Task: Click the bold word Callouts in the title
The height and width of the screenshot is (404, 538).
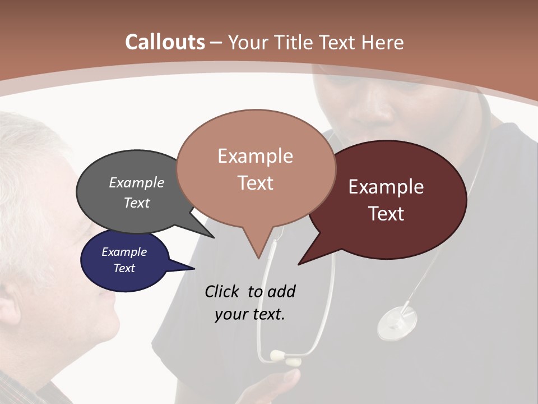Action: point(165,42)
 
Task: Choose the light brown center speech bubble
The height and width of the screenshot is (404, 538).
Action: point(256,168)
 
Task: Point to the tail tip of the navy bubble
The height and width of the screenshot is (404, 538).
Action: point(194,269)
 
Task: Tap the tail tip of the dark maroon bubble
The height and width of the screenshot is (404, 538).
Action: point(299,264)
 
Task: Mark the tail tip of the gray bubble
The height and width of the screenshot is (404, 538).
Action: point(214,237)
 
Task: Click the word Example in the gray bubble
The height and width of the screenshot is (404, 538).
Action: point(137,183)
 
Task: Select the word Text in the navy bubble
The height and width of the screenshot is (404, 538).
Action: point(124,268)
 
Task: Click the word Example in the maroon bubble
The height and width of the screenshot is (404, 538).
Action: point(386,187)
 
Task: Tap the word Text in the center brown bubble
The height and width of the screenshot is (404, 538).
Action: point(256,183)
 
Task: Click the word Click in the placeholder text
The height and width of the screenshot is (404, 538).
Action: point(222,292)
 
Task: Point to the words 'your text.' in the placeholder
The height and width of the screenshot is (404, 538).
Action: point(250,314)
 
